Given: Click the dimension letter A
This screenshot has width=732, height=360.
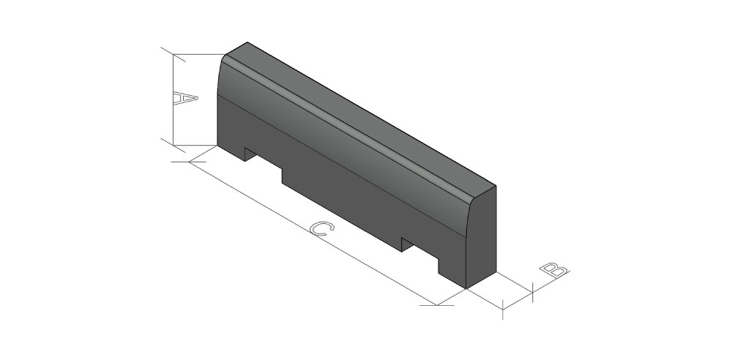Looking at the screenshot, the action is tap(185, 99).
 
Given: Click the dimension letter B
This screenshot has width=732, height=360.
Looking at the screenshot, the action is tap(554, 270).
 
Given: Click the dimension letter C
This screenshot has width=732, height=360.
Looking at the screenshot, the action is tap(322, 228).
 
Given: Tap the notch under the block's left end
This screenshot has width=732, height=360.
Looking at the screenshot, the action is tap(264, 161).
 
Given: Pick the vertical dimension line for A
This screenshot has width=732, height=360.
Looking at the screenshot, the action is tap(173, 100).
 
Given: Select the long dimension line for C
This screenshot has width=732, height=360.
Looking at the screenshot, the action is tap(313, 233).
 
